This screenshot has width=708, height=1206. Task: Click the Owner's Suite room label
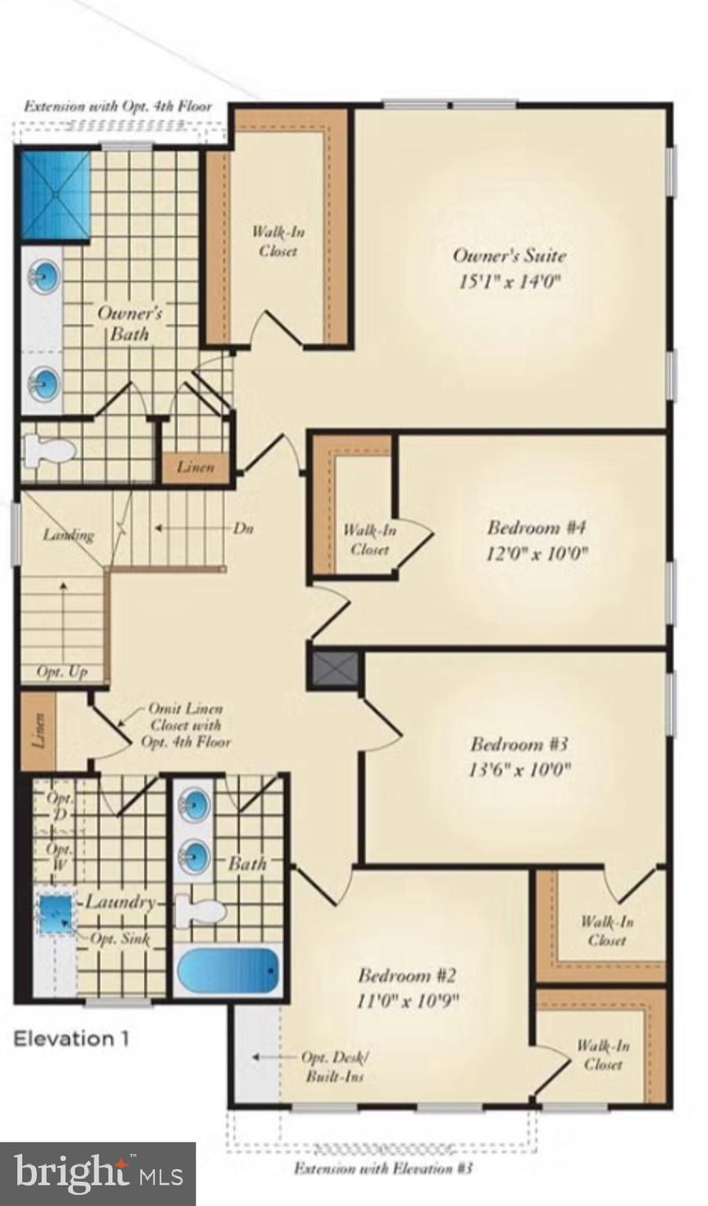(x=510, y=254)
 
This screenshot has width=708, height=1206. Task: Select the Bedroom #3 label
(x=519, y=744)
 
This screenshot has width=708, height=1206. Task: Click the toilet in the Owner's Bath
(x=49, y=450)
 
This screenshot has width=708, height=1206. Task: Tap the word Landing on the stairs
(x=69, y=535)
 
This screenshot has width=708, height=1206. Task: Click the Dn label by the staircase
(x=243, y=528)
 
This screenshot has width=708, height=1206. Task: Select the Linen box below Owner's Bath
(x=196, y=467)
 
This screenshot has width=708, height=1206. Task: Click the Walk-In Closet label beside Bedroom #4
(x=369, y=540)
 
